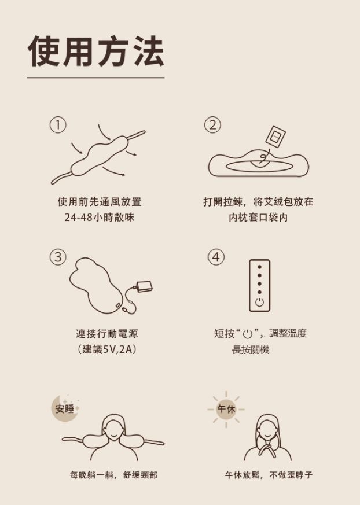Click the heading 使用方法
click(x=96, y=51)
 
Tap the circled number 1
click(x=58, y=124)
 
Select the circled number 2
click(x=213, y=124)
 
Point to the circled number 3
click(x=58, y=257)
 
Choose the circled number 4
click(x=216, y=257)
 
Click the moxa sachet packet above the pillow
click(x=275, y=137)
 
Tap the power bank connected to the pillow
click(x=144, y=286)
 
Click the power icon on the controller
click(x=259, y=302)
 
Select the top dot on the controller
click(x=259, y=267)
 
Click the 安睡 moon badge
click(x=65, y=408)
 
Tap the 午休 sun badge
click(x=226, y=409)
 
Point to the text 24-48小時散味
click(x=100, y=218)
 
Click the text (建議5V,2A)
click(x=106, y=349)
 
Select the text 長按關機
click(x=251, y=349)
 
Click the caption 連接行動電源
click(x=106, y=333)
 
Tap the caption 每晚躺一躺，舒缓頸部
click(x=114, y=475)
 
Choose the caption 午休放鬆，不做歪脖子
click(x=269, y=475)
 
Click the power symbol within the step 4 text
click(x=247, y=334)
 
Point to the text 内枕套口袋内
click(x=258, y=218)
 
